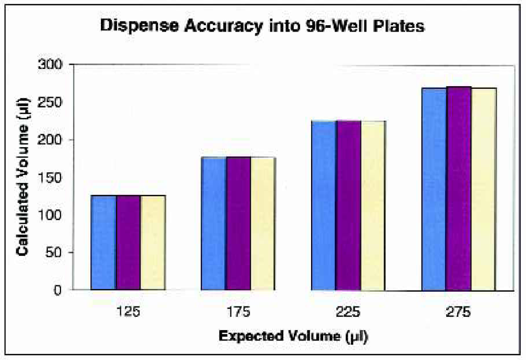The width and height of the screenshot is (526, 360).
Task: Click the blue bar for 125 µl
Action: click(x=104, y=242)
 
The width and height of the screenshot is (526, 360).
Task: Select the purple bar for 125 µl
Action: click(x=128, y=242)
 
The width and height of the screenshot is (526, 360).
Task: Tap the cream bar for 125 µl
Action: click(x=153, y=242)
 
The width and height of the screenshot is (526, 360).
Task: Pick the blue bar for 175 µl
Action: click(x=214, y=223)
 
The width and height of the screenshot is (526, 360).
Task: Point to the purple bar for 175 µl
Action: click(x=239, y=223)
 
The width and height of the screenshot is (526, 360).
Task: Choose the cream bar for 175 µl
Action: click(x=263, y=223)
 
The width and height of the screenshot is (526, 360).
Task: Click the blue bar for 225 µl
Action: click(x=324, y=205)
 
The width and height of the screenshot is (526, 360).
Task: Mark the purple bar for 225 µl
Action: click(x=349, y=205)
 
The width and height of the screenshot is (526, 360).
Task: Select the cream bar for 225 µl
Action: click(x=373, y=205)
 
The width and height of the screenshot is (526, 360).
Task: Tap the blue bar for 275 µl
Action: click(x=434, y=189)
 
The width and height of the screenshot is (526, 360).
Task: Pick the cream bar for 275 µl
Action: click(x=483, y=189)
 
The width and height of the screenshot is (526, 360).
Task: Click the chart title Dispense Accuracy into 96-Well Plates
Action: click(x=262, y=26)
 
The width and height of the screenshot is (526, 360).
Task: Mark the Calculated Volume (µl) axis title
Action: click(x=22, y=178)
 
